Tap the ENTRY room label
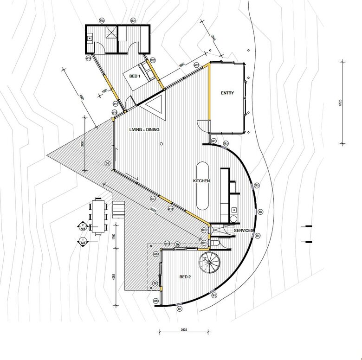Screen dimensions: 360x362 pos(227,93)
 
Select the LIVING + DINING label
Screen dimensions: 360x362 pos(144,130)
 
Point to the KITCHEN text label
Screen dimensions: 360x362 pos(201,181)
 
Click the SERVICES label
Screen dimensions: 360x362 pos(244,231)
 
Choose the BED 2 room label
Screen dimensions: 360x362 pos(185,277)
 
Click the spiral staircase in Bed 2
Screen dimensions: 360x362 pos(209,264)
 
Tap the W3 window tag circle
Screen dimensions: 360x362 pos(257,186)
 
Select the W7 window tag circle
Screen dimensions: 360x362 pos(180,309)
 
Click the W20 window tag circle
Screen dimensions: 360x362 pos(102,21)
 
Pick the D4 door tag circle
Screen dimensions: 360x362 pos(153,199)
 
